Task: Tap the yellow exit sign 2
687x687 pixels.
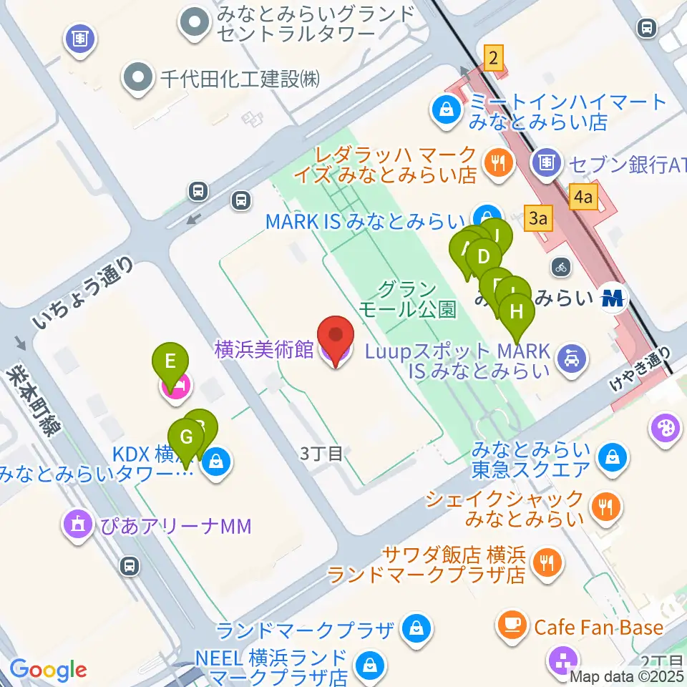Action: (493, 57)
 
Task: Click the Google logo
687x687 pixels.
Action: (49, 670)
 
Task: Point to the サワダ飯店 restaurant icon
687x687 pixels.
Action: (548, 562)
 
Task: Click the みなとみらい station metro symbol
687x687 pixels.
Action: (613, 297)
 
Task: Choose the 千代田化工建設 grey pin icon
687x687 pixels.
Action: (136, 79)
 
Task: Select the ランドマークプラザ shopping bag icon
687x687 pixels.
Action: (414, 630)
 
